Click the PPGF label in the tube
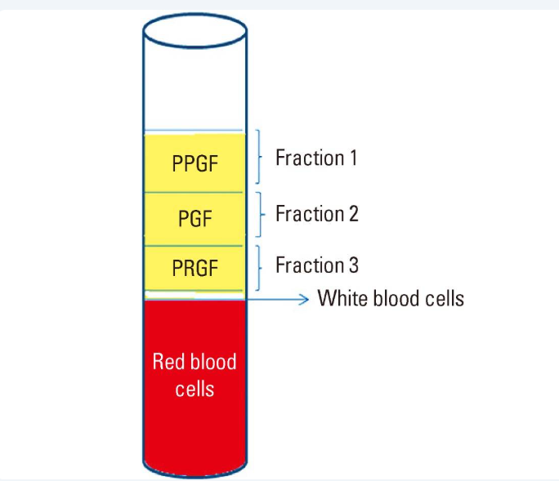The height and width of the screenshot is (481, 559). click(x=195, y=163)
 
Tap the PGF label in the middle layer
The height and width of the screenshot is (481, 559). click(x=195, y=218)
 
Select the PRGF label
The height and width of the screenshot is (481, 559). click(x=195, y=268)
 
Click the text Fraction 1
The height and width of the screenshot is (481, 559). click(x=316, y=158)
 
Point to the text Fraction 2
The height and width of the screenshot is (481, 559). click(x=317, y=213)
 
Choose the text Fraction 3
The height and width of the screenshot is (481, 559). click(x=317, y=265)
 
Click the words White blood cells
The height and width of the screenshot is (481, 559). click(x=391, y=298)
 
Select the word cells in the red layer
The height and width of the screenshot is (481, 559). click(x=195, y=389)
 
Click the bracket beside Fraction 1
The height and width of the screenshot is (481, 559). click(x=259, y=157)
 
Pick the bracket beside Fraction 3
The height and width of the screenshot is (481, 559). click(x=259, y=268)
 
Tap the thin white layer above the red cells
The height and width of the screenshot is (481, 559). click(x=195, y=296)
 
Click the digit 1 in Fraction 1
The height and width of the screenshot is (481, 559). click(x=353, y=158)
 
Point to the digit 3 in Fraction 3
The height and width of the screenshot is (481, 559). click(x=353, y=265)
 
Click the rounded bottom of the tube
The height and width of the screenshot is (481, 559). click(x=195, y=475)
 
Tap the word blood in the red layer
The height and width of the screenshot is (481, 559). click(x=212, y=361)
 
